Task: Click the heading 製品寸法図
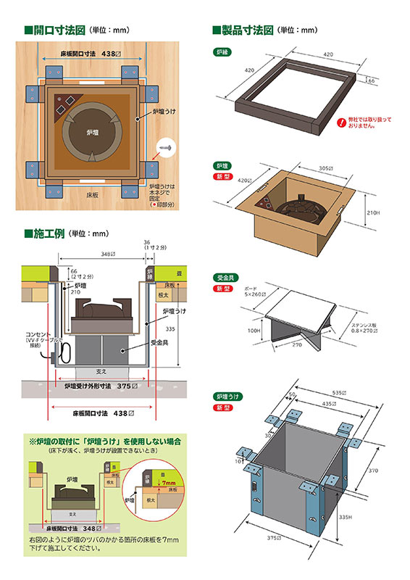(x=247, y=30)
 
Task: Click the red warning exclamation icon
(x=340, y=123)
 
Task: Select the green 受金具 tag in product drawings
(x=223, y=278)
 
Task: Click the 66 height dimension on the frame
(x=372, y=82)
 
